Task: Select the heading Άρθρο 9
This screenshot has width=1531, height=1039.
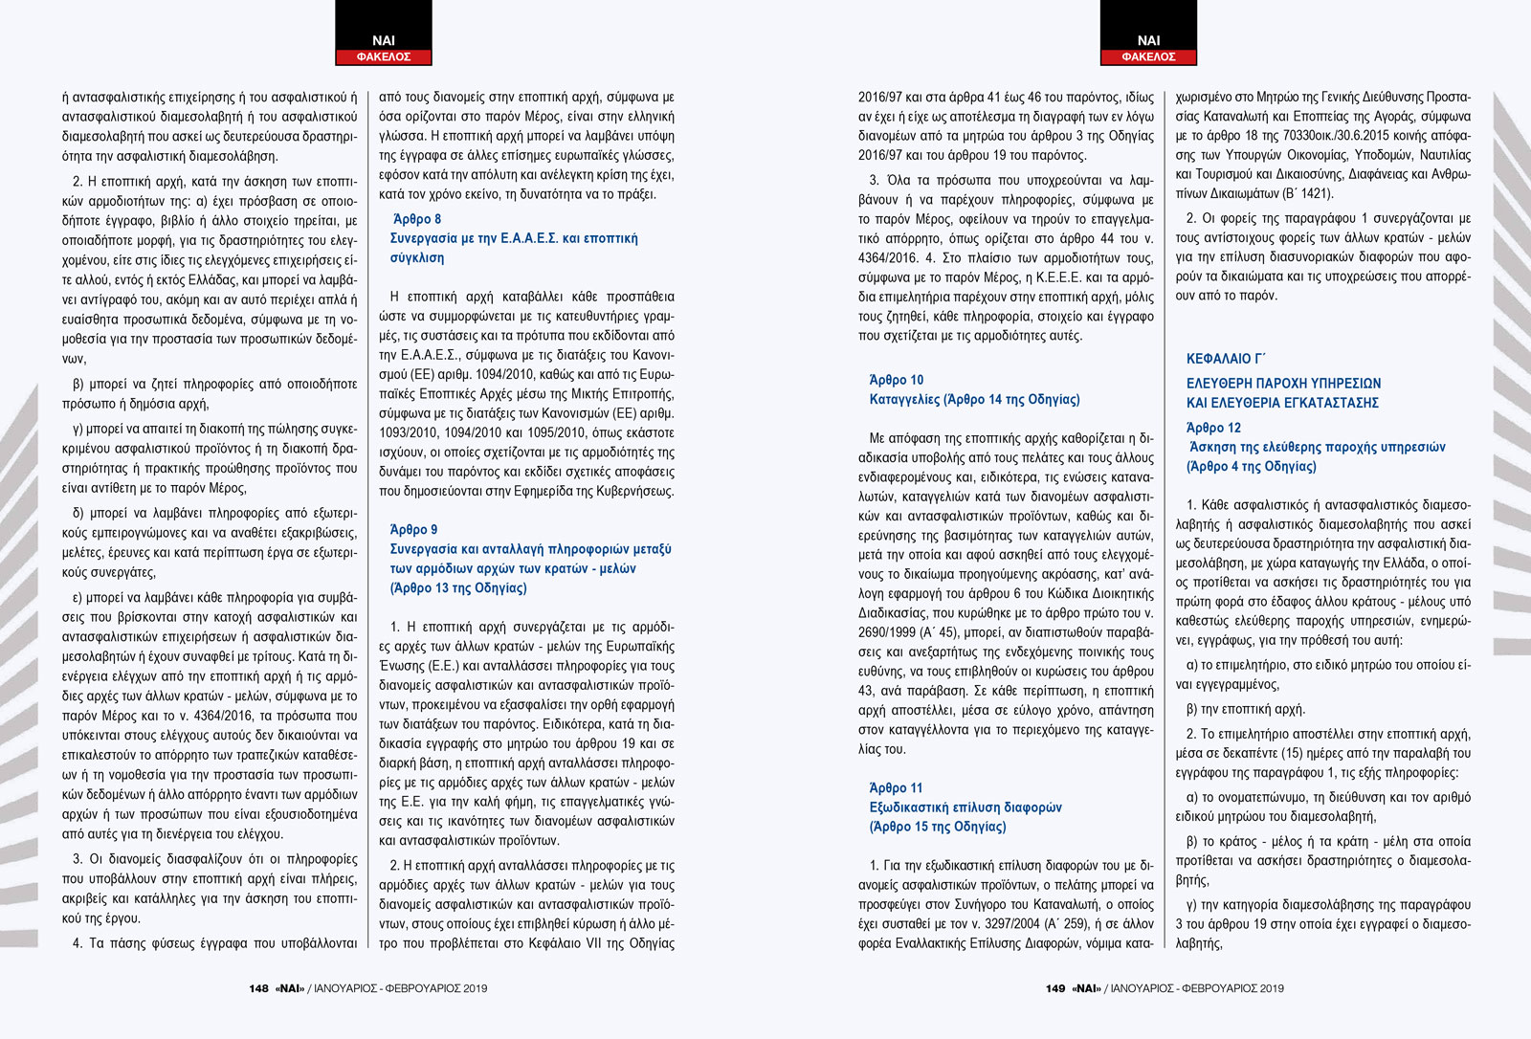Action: tap(413, 529)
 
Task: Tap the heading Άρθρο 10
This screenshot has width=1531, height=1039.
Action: tap(896, 380)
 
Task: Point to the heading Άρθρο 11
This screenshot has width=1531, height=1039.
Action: tap(896, 787)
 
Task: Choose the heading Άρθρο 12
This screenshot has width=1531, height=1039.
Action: tap(1213, 428)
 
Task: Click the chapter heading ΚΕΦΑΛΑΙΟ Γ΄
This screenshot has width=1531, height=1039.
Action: tap(1226, 359)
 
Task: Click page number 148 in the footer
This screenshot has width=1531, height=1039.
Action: tap(258, 988)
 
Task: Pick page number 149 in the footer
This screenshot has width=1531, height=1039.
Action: tap(1055, 988)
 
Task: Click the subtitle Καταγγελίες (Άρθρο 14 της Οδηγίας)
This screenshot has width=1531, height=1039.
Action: tap(974, 399)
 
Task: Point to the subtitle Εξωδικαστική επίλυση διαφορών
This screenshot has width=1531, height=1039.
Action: tap(965, 807)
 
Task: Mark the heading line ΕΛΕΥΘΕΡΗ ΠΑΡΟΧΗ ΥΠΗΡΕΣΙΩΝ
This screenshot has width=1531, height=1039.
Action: tap(1283, 383)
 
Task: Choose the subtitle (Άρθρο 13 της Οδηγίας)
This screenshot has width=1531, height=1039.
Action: tap(458, 587)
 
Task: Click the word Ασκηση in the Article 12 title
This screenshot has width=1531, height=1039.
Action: tap(1212, 447)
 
